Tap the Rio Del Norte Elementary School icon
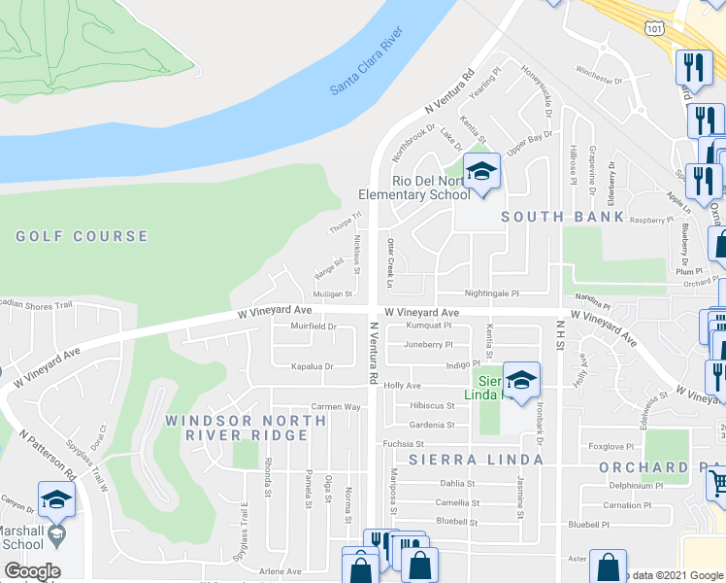(480, 172)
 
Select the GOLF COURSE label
(82, 236)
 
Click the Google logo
(32, 571)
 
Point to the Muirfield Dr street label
(313, 327)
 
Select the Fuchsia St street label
(405, 444)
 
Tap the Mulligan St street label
(331, 293)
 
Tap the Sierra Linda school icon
(521, 381)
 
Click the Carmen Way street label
(335, 407)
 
